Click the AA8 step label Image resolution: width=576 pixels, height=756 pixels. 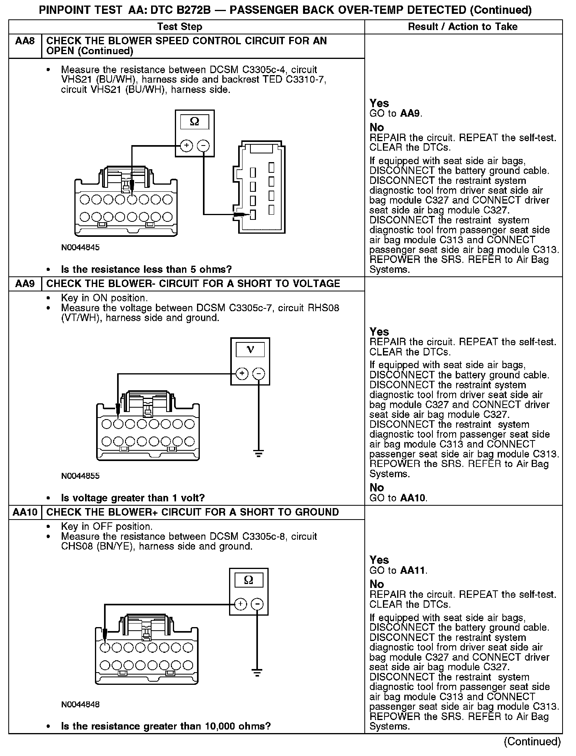pyautogui.click(x=25, y=41)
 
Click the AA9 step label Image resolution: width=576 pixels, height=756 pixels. pyautogui.click(x=25, y=283)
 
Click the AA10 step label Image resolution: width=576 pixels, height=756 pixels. pyautogui.click(x=25, y=512)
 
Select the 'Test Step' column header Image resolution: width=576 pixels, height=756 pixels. pyautogui.click(x=180, y=26)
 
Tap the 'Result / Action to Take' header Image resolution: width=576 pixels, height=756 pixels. pyautogui.click(x=462, y=26)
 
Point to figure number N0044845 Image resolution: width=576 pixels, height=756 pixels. pyautogui.click(x=80, y=248)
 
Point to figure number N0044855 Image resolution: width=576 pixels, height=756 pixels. pyautogui.click(x=80, y=476)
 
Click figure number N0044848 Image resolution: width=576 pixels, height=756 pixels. pyautogui.click(x=80, y=704)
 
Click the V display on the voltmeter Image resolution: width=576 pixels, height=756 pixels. pyautogui.click(x=250, y=350)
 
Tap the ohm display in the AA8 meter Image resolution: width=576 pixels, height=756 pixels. pyautogui.click(x=195, y=122)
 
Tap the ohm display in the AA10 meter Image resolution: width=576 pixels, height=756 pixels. pyautogui.click(x=248, y=580)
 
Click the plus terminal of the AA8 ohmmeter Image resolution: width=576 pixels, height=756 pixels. pyautogui.click(x=186, y=146)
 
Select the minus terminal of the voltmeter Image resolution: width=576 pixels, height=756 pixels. pyautogui.click(x=259, y=374)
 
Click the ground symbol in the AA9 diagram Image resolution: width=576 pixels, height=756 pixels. pyautogui.click(x=259, y=454)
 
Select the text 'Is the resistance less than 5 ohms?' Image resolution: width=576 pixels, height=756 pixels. pyautogui.click(x=146, y=270)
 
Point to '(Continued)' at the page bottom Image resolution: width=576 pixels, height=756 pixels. pyautogui.click(x=532, y=741)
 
